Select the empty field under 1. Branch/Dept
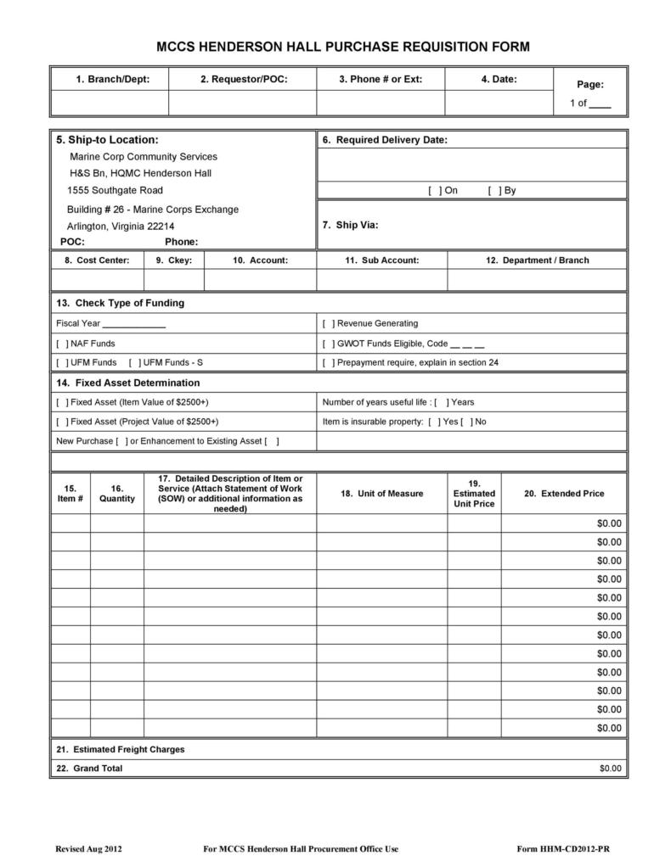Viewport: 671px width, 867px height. pyautogui.click(x=110, y=103)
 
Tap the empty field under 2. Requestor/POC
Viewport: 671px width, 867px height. pyautogui.click(x=243, y=103)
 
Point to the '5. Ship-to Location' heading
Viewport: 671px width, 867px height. pyautogui.click(x=107, y=140)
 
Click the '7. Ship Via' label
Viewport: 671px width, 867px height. pyautogui.click(x=350, y=226)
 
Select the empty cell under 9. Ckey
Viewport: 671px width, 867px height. pyautogui.click(x=174, y=279)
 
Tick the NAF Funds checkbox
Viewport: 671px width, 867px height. pyautogui.click(x=62, y=344)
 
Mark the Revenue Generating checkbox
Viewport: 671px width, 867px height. pyautogui.click(x=329, y=323)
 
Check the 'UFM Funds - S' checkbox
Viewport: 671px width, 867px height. pyautogui.click(x=134, y=362)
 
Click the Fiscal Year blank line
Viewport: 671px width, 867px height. pyautogui.click(x=134, y=324)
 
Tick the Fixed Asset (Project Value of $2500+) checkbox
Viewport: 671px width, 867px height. pyautogui.click(x=62, y=422)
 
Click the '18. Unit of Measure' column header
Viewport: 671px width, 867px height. pyautogui.click(x=381, y=494)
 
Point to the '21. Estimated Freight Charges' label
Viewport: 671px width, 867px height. pyautogui.click(x=120, y=750)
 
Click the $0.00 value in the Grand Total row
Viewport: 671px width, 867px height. pyautogui.click(x=610, y=769)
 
